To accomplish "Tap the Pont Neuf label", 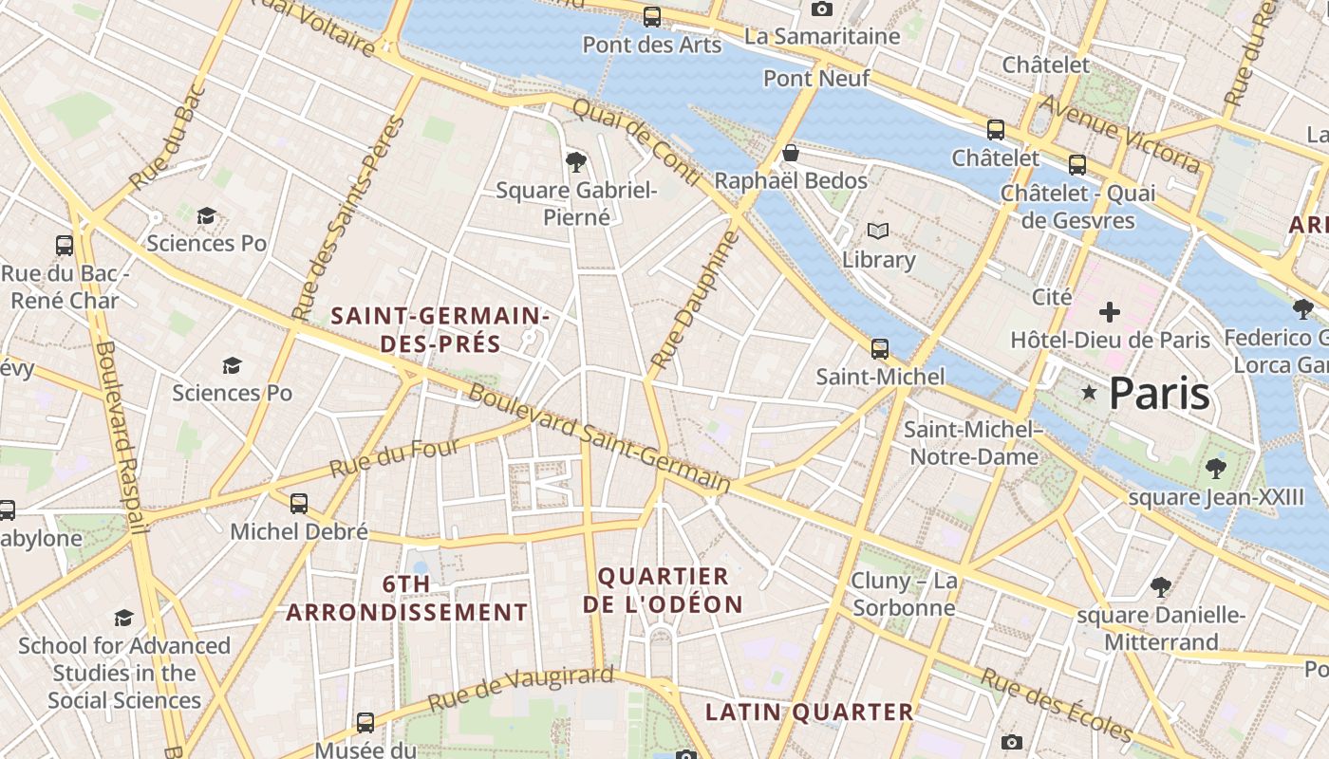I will click(816, 78).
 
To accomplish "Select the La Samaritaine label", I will click(822, 36).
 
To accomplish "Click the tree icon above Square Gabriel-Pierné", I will click(575, 161).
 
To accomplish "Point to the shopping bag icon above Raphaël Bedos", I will click(790, 153).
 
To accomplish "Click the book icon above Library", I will click(878, 231).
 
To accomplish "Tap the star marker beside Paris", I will click(1089, 392).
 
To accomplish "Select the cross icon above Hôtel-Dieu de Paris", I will click(1109, 311).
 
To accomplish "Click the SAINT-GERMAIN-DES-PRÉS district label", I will click(440, 328).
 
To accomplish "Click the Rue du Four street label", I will click(395, 457).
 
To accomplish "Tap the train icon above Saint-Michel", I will click(880, 348).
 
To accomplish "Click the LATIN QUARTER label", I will click(809, 712).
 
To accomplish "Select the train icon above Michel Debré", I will click(299, 504).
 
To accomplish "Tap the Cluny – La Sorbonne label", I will click(904, 594).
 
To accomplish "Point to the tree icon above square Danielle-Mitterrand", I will click(1160, 586).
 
